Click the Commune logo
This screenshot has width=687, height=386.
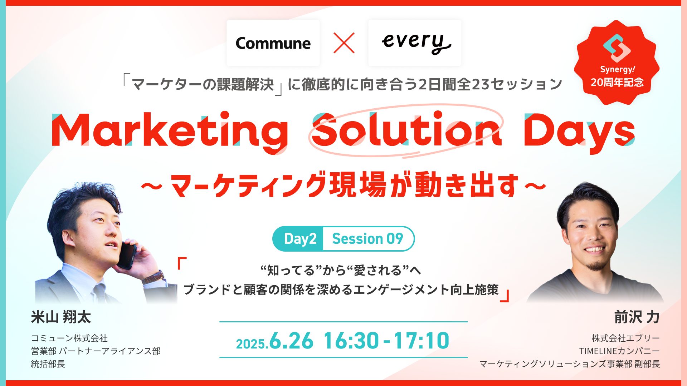(x=273, y=43)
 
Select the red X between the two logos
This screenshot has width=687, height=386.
(x=344, y=43)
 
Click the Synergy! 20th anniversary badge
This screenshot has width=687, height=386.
(x=617, y=63)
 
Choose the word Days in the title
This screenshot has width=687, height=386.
(x=579, y=132)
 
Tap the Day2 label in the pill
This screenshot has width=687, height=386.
(x=300, y=238)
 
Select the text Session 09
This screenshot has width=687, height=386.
(x=367, y=238)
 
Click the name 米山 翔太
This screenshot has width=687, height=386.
(x=61, y=317)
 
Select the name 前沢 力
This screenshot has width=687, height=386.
(x=637, y=317)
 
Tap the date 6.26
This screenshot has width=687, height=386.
(x=291, y=340)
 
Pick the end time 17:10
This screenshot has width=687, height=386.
(x=422, y=340)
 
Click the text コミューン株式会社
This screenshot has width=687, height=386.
(x=69, y=338)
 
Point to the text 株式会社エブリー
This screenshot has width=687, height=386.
(x=626, y=338)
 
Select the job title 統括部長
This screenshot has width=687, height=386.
(x=48, y=364)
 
